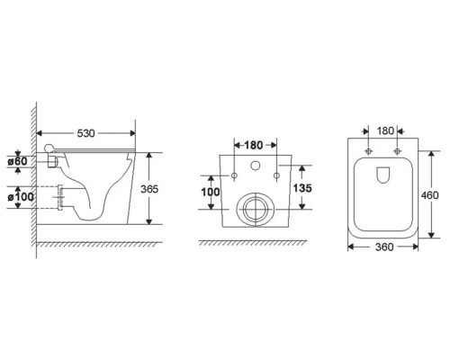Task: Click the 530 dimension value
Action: (85, 133)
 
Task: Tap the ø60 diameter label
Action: (17, 161)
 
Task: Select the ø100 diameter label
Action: (21, 197)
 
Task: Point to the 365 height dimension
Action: (149, 189)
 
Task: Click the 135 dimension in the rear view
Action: (302, 188)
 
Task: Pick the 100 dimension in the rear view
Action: (211, 192)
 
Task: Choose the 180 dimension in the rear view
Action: (254, 145)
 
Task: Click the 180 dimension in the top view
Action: (385, 131)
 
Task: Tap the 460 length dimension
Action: (429, 195)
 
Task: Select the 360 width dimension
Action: (384, 247)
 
